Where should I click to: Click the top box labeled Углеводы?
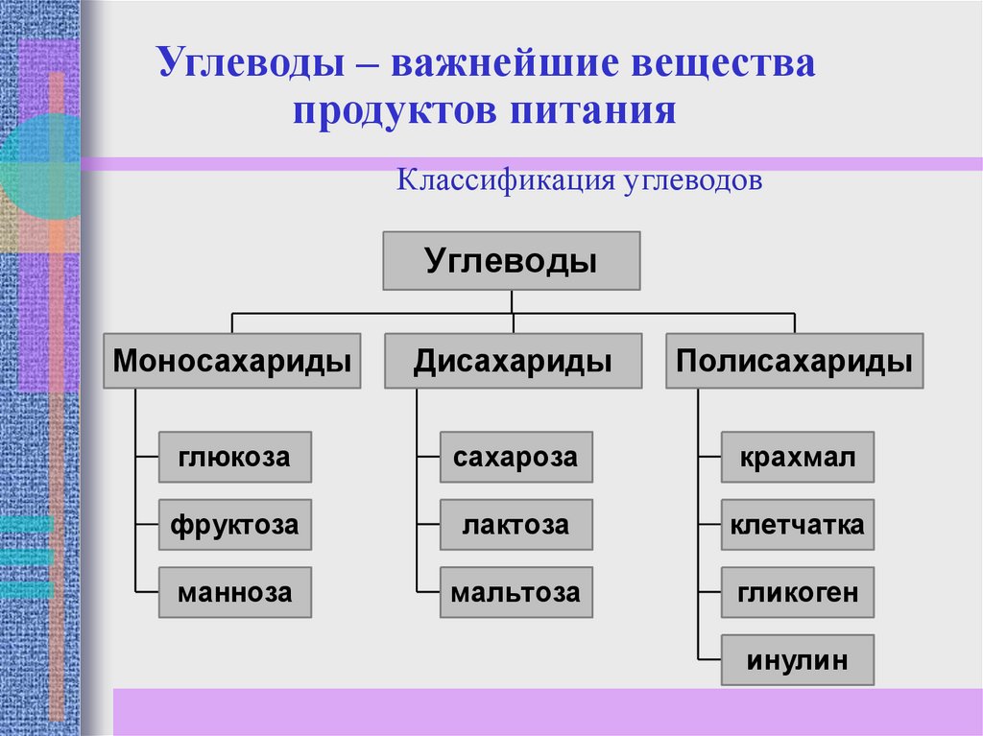512,261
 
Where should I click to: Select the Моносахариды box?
232,361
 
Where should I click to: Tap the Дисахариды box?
514,361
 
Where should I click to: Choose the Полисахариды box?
794,361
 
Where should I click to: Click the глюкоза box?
234,457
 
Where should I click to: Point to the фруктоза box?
234,525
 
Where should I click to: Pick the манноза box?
234,592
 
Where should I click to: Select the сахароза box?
515,457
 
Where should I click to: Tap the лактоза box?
515,525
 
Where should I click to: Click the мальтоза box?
515,592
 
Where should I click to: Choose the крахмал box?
797,457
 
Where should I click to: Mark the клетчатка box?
797,525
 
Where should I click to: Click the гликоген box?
797,592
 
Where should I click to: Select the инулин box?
797,660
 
